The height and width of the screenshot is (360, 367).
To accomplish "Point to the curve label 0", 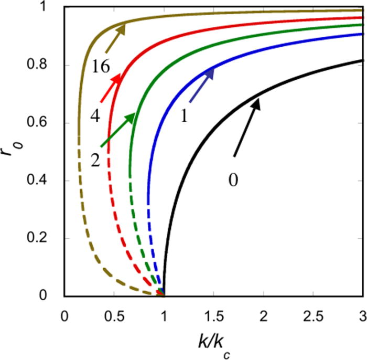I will [234, 180].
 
